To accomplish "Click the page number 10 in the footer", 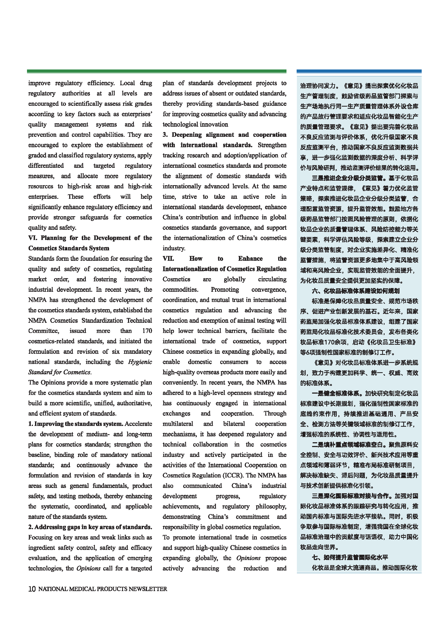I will click(32, 589).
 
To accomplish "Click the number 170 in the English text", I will click(147, 331).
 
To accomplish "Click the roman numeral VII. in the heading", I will click(168, 259).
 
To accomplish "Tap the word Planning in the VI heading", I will click(53, 238).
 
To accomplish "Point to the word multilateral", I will click(178, 424).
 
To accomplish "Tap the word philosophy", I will click(271, 506).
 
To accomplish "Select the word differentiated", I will click(46, 166).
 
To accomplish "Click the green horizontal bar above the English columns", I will click(157, 71).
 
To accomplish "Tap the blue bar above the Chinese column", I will click(359, 71).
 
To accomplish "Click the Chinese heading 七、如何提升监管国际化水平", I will click(350, 557).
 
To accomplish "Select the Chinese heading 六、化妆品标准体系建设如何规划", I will click(355, 291).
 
